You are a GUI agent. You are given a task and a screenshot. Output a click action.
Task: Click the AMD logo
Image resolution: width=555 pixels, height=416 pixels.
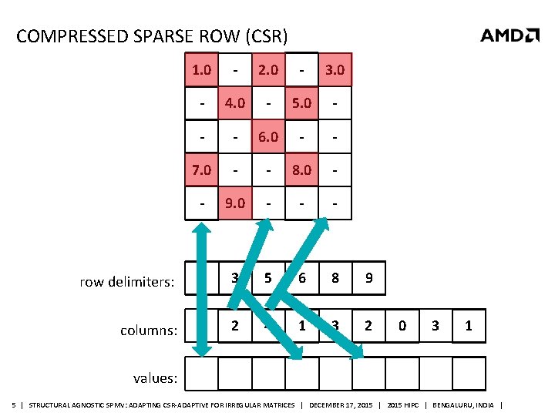coord(510,35)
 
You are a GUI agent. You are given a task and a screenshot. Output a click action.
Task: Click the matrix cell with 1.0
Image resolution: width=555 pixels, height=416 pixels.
coord(202,70)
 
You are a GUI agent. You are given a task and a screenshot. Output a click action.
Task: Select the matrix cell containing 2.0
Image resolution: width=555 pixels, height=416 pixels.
coord(268,70)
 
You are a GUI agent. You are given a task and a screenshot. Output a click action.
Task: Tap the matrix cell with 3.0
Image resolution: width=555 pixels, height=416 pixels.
coord(335,70)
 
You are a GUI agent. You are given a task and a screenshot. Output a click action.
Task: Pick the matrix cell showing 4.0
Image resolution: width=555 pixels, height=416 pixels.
coord(235,103)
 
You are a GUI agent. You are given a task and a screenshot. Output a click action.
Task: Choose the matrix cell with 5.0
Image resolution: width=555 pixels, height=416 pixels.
coord(302,103)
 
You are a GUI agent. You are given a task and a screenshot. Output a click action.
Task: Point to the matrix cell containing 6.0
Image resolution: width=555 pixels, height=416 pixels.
coord(268,137)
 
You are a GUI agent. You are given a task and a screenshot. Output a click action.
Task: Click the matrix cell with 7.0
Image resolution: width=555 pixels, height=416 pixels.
coord(202,170)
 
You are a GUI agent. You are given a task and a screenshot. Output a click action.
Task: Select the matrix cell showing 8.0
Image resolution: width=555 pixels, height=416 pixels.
coord(302,170)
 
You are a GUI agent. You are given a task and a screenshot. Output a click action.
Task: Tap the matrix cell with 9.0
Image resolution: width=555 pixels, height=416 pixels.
coord(235,204)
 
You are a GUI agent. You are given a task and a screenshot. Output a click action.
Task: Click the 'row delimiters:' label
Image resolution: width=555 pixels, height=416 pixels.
coord(127,282)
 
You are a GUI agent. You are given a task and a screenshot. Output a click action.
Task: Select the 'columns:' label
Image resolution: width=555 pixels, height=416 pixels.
coord(150,330)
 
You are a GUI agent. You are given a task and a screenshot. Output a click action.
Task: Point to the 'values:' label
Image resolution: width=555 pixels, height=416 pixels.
coord(156,378)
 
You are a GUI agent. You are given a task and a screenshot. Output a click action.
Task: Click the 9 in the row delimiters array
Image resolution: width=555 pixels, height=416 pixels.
coord(369,279)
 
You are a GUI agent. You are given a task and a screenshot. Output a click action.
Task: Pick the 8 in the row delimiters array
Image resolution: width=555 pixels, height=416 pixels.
coord(335,279)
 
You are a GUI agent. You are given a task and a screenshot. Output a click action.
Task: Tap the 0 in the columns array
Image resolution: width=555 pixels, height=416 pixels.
coord(402,326)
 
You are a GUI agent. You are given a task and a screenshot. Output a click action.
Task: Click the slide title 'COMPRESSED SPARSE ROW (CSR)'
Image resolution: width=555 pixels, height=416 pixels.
coord(152,36)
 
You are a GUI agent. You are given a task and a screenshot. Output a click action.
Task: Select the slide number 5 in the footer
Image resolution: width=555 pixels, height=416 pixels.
coord(14,405)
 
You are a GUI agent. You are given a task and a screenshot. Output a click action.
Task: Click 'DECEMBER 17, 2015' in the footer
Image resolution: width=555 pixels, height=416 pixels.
coord(340,405)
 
